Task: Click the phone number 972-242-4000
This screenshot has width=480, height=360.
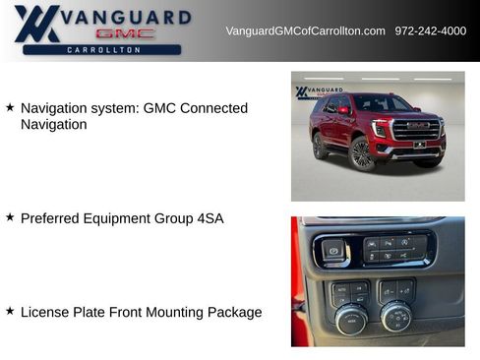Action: (431, 31)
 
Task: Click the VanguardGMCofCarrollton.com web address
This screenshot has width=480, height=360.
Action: (305, 31)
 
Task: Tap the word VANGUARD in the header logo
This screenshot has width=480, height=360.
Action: (127, 16)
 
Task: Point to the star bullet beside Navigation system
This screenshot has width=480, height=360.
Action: (10, 107)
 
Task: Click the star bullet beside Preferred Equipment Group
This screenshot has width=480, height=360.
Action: (10, 217)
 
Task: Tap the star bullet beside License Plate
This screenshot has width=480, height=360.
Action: (10, 311)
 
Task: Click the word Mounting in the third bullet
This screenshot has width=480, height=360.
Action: (166, 313)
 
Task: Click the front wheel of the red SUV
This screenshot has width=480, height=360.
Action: (361, 153)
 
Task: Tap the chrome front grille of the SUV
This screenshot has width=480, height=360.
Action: (416, 130)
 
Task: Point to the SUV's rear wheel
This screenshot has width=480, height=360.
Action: (320, 146)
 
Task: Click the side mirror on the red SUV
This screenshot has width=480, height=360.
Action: (343, 111)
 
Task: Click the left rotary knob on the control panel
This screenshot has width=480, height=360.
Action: (351, 319)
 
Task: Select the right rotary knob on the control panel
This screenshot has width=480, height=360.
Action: (396, 317)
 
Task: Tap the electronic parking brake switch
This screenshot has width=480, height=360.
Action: (333, 251)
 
